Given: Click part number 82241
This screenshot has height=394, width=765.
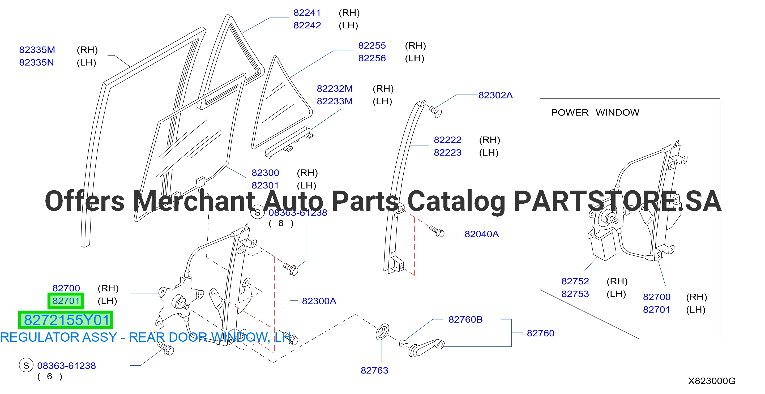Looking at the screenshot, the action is (307, 13).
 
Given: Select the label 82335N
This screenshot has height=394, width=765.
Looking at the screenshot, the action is (37, 62).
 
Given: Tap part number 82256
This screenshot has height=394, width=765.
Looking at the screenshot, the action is (372, 58).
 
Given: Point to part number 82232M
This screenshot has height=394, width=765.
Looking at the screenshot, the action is (335, 88).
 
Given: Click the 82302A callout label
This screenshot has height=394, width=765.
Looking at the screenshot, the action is (495, 95).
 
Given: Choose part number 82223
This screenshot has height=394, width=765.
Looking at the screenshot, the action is (447, 152).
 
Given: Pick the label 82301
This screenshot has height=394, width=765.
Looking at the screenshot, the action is (265, 185).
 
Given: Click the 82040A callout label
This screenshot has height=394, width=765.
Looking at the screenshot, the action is (481, 234).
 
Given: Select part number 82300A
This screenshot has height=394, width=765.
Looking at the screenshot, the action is (319, 301).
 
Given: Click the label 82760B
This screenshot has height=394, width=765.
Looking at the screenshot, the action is (465, 319).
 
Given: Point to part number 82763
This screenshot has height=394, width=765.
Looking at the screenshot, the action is (374, 370).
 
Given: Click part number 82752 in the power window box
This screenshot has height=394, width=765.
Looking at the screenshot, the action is (575, 281).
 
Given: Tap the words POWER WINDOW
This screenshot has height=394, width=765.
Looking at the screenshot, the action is (595, 113).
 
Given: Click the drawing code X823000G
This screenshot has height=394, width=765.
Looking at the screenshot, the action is (712, 381).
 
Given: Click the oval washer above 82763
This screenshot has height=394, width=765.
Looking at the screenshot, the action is (382, 332).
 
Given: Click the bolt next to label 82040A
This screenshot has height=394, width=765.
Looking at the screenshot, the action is (437, 231).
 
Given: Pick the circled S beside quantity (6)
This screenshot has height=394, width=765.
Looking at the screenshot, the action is (26, 366).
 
